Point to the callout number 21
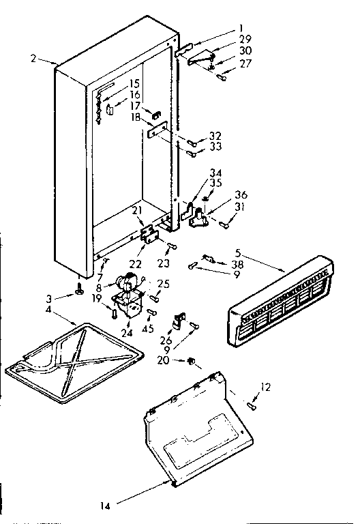[x=137, y=210]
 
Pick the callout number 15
[x=134, y=83]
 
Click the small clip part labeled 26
[x=180, y=318]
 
